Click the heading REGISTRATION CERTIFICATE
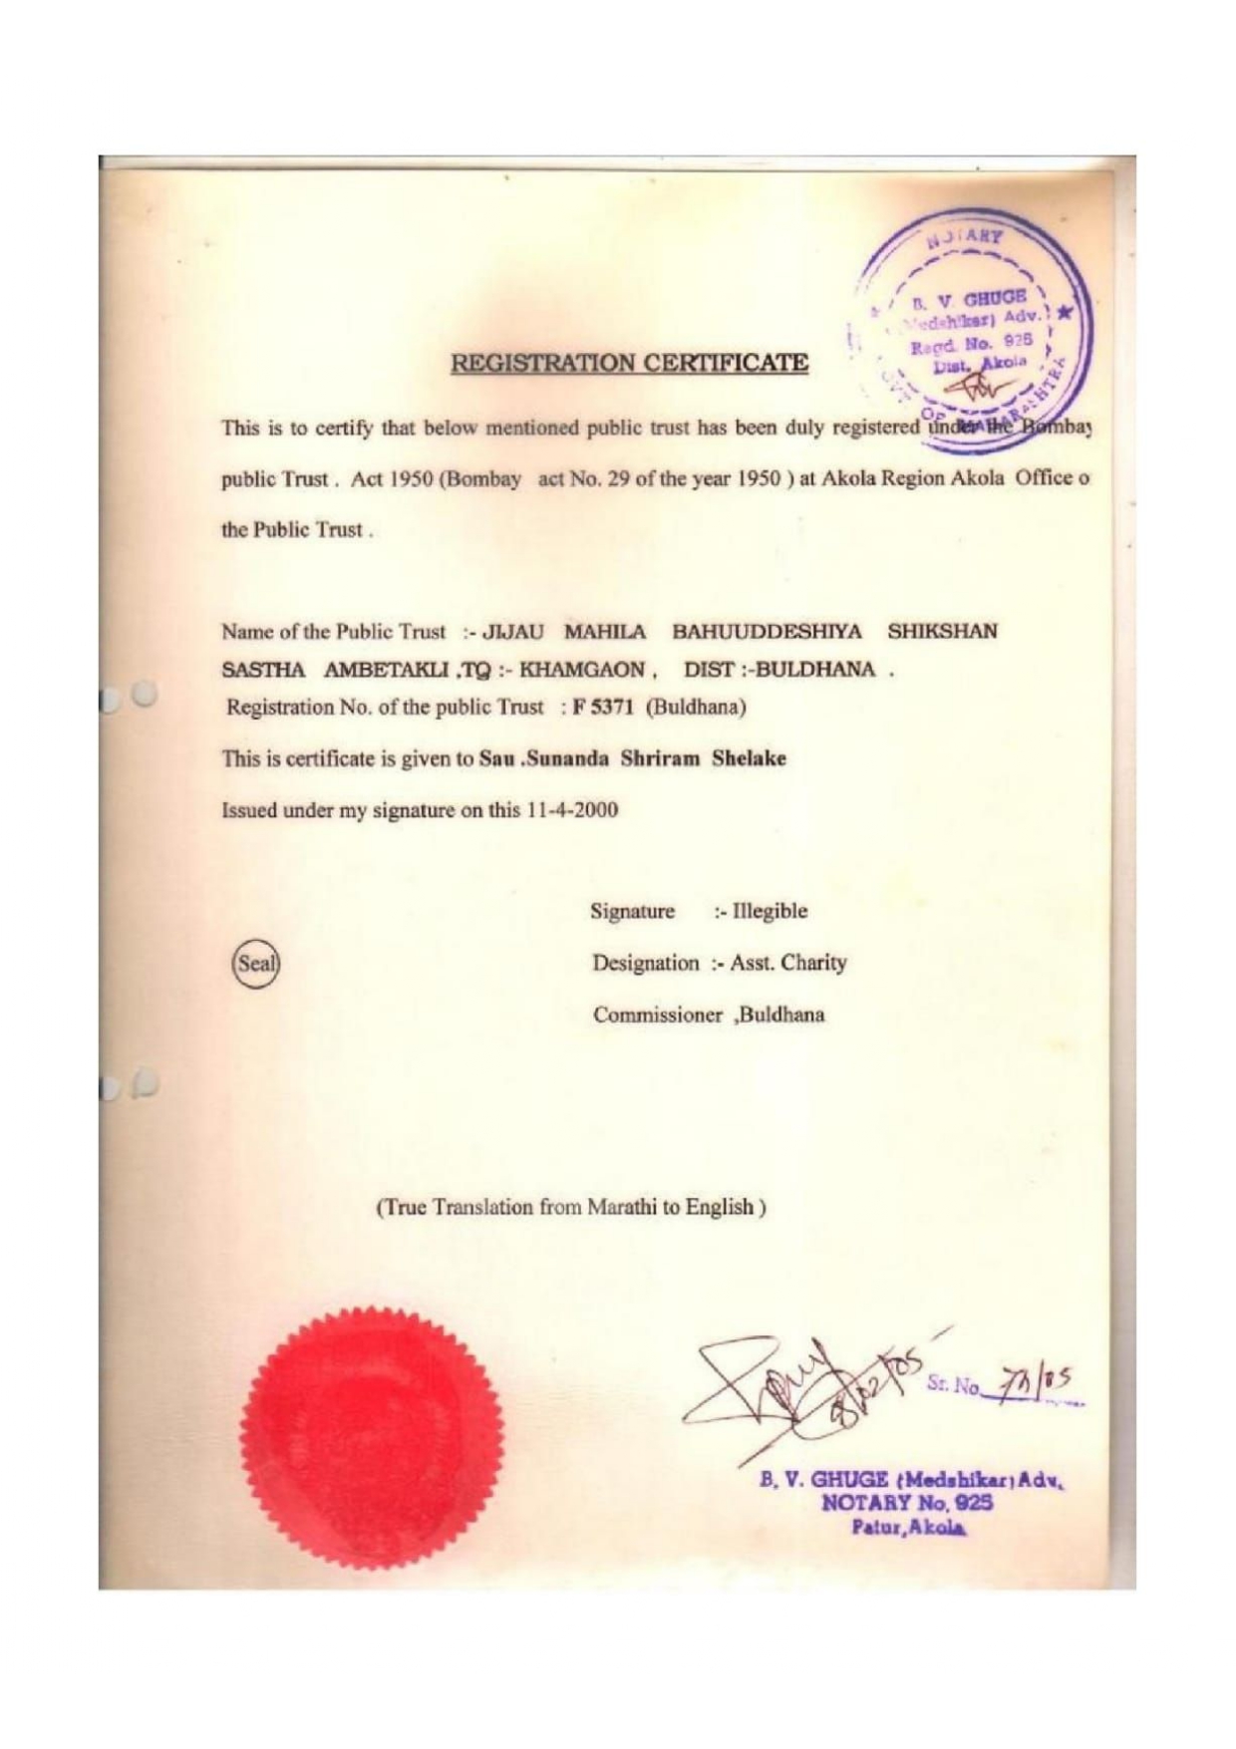click(x=629, y=363)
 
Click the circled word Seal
click(x=255, y=965)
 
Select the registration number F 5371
click(x=603, y=708)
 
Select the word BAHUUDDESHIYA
click(x=767, y=632)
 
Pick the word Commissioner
click(x=657, y=1016)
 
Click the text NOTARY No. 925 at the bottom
click(x=893, y=1503)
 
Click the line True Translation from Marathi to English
click(x=570, y=1208)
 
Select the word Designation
click(x=645, y=963)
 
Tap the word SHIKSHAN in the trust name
click(x=942, y=632)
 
